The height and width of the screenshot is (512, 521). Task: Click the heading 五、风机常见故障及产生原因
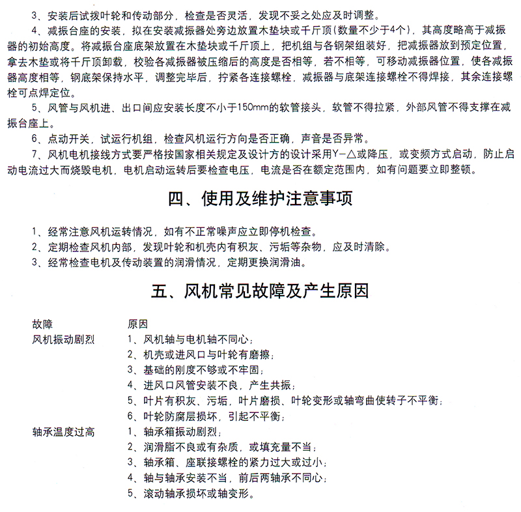tap(260, 290)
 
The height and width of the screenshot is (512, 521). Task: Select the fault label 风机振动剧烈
tap(63, 339)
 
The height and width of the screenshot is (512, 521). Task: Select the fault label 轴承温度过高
tap(63, 431)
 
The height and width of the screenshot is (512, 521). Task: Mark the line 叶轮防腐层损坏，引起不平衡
tap(206, 416)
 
